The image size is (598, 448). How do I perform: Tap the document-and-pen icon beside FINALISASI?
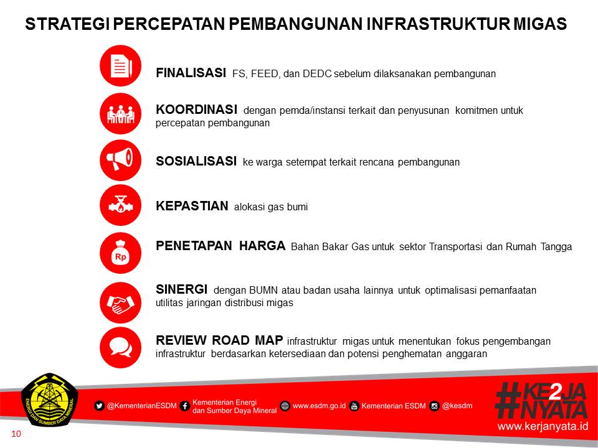[120, 66]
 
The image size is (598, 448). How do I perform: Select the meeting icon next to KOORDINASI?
[120, 113]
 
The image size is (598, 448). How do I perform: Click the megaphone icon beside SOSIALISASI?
[120, 161]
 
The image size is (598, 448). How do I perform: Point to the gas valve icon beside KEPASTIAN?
[120, 205]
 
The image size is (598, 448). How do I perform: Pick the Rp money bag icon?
[120, 253]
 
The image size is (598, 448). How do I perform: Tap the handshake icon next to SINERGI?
[120, 303]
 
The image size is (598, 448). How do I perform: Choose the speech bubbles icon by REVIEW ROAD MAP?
[120, 347]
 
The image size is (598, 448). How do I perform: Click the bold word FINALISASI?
[191, 72]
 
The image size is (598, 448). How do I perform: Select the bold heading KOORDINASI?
[196, 110]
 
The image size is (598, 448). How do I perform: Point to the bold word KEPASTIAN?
[192, 206]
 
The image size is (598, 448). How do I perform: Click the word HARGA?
[262, 245]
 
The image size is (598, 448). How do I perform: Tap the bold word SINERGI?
[181, 289]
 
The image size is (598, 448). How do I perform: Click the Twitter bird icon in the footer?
[99, 406]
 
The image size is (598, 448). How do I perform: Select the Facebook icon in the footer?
[185, 406]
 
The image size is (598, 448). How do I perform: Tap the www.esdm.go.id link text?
[319, 406]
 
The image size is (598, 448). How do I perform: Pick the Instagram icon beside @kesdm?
[434, 406]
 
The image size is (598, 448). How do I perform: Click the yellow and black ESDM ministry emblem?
[50, 399]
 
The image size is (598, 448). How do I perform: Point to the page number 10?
[16, 434]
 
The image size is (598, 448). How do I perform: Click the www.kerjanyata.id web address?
[543, 426]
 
